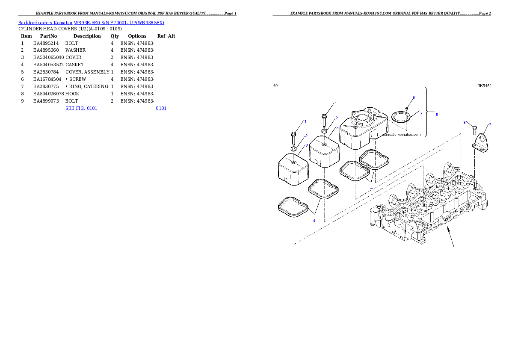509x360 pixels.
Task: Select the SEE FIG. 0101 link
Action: pos(81,108)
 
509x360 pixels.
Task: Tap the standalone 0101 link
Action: pos(161,108)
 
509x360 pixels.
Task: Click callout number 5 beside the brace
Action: pos(436,115)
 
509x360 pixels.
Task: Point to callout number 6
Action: pos(414,97)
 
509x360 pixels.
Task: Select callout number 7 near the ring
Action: pos(421,114)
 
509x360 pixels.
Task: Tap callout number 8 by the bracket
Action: pos(490,124)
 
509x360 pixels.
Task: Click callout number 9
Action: pos(465,123)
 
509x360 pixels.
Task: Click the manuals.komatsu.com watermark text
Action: pos(401,135)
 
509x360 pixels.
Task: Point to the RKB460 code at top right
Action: pos(484,86)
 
